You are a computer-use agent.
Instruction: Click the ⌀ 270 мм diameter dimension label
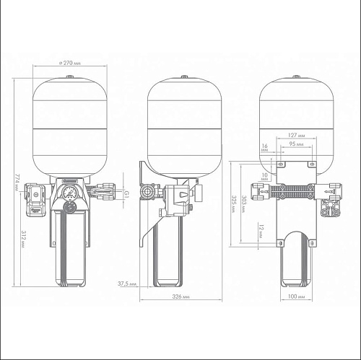point(70,63)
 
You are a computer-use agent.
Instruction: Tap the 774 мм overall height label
point(18,183)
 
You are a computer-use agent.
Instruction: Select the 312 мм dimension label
point(24,240)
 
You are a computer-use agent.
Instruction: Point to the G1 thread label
point(126,194)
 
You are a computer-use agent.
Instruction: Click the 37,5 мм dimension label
point(127,284)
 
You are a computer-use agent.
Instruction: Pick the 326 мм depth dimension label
point(180,297)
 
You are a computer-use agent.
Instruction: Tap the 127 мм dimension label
point(296,135)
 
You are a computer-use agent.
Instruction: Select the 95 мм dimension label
point(296,144)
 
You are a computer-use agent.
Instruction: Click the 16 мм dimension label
point(264,148)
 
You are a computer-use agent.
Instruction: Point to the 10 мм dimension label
point(264,177)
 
